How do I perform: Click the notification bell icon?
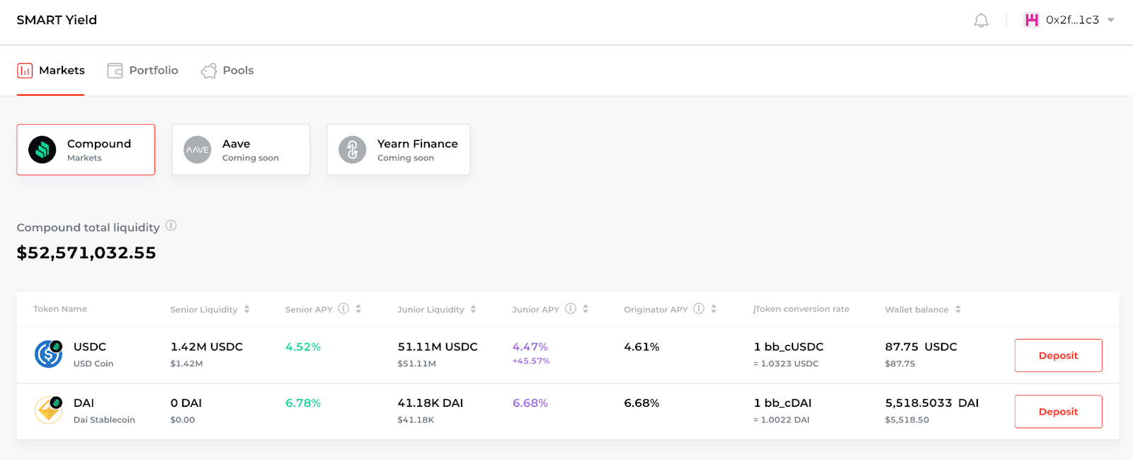point(981,21)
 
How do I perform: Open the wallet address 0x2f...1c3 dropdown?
point(1069,21)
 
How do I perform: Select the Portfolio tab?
point(142,70)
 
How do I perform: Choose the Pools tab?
point(227,70)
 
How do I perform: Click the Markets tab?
point(50,70)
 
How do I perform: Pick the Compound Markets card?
point(86,150)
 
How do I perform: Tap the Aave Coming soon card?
point(241,150)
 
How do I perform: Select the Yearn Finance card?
point(399,150)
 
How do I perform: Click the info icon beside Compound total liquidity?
point(171,225)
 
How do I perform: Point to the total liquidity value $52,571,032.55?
point(86,252)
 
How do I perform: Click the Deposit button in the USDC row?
point(1058,355)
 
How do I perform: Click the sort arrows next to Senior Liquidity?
point(247,309)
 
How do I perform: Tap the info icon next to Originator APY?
point(698,309)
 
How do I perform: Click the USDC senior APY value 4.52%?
point(303,347)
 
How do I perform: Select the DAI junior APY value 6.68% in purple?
point(530,403)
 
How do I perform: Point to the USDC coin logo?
point(49,354)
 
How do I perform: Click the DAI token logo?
point(49,410)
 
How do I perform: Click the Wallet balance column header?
point(916,310)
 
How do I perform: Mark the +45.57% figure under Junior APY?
point(531,361)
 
